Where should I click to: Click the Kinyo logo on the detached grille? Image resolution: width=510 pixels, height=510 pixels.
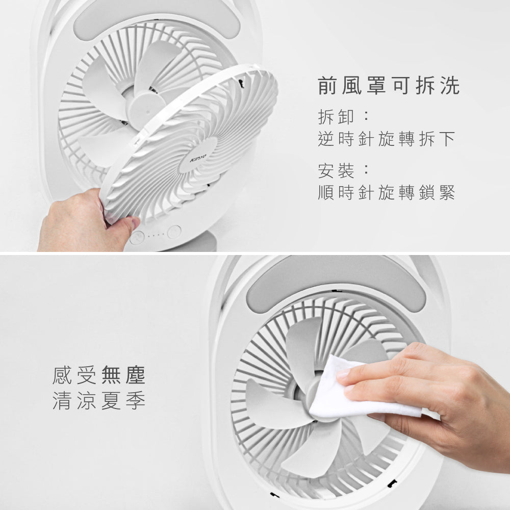[197, 159]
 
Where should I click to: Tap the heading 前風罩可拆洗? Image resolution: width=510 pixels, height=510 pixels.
[389, 86]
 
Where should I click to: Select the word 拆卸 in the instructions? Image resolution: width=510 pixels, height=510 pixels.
[335, 117]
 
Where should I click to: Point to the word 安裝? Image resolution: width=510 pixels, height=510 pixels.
[335, 170]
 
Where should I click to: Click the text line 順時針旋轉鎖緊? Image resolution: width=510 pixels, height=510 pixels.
[386, 192]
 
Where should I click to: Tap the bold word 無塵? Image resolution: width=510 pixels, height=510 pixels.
[123, 376]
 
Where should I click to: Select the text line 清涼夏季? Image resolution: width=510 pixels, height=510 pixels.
[99, 400]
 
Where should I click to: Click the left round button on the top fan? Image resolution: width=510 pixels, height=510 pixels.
[137, 237]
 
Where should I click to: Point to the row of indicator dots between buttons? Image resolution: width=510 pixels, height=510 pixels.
[155, 235]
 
